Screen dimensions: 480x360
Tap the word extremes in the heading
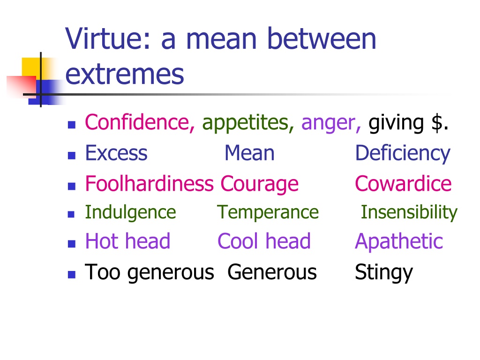125,75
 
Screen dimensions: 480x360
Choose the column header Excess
116,153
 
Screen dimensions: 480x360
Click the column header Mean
249,153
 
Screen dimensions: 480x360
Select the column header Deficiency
403,154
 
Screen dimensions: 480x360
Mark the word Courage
259,184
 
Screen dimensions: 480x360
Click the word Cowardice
403,183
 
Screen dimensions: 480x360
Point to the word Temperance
268,212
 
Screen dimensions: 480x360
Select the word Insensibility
409,212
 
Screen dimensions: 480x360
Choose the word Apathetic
399,241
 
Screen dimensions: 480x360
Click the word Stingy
384,273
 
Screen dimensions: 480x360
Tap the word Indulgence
130,212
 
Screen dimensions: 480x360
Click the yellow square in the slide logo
31,68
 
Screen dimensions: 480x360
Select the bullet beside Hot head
72,244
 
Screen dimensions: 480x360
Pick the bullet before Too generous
72,274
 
